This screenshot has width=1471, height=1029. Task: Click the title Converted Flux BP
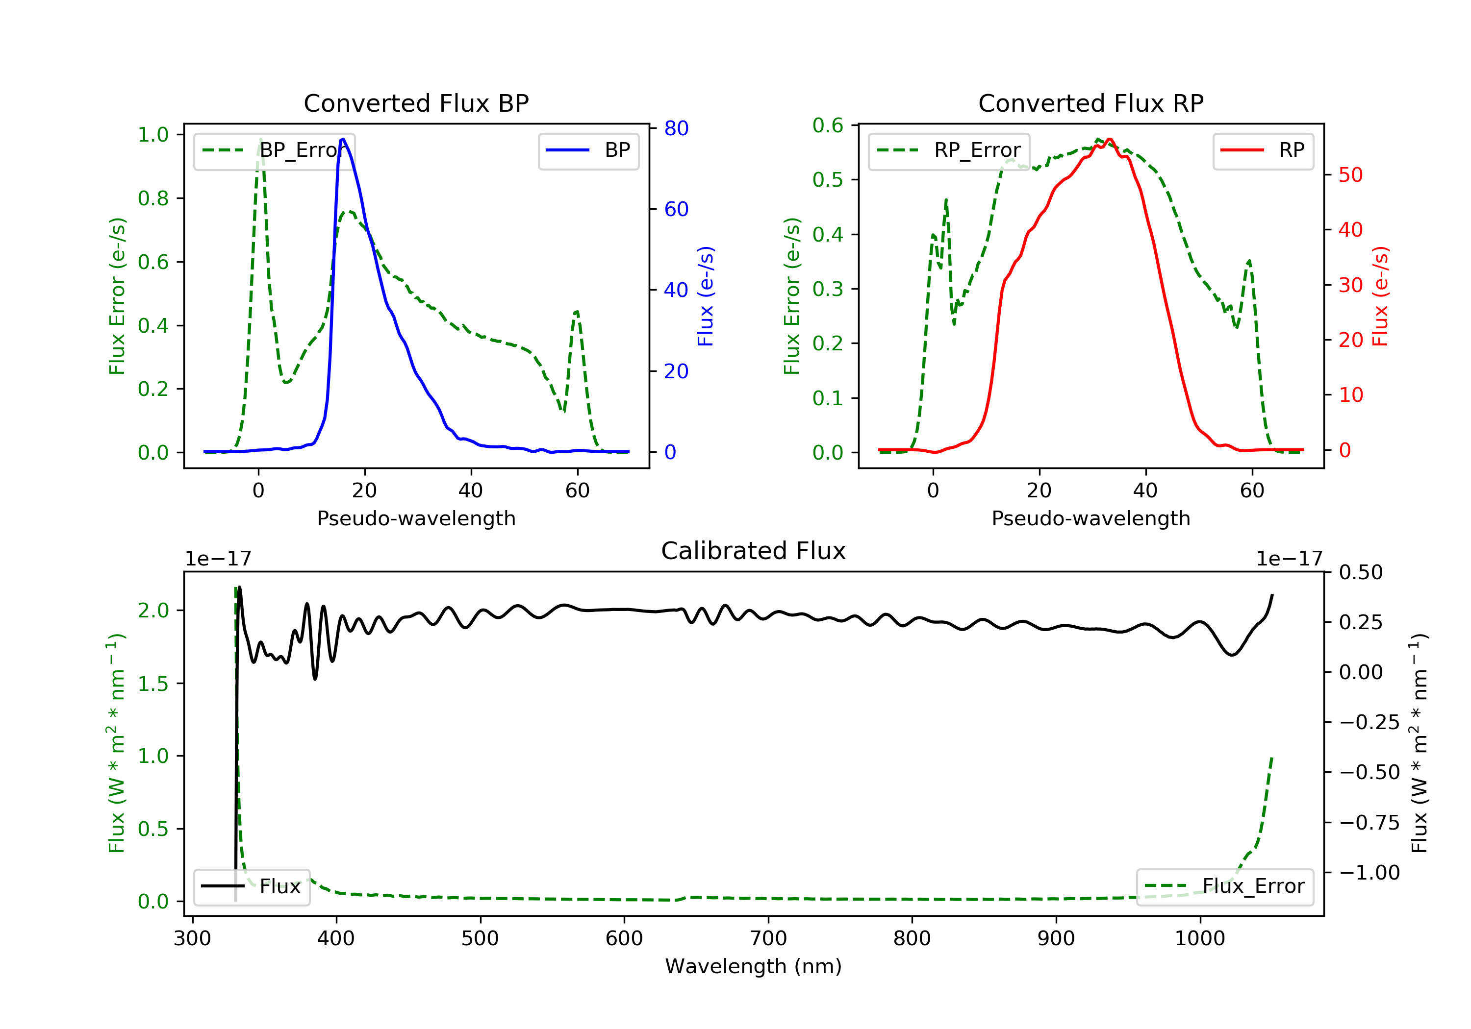416,103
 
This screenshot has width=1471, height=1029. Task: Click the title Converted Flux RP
1091,103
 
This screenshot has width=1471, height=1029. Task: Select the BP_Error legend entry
274,150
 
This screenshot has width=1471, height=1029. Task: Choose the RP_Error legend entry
949,150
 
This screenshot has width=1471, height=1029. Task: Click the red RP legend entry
1263,150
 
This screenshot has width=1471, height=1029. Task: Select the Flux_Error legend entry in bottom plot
1224,886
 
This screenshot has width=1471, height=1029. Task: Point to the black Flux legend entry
252,886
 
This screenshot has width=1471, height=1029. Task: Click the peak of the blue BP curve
343,139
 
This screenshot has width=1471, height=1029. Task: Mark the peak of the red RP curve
1110,139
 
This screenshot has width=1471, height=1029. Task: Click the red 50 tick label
1350,175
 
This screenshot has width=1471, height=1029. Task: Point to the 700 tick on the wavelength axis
768,939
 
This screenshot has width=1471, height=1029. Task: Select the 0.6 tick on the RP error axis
828,125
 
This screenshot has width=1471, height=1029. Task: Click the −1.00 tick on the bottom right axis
1369,872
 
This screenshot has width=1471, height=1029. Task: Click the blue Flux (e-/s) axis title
706,296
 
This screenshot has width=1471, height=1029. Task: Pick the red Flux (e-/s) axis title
1380,296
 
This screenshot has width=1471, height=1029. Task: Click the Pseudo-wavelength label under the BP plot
416,518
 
